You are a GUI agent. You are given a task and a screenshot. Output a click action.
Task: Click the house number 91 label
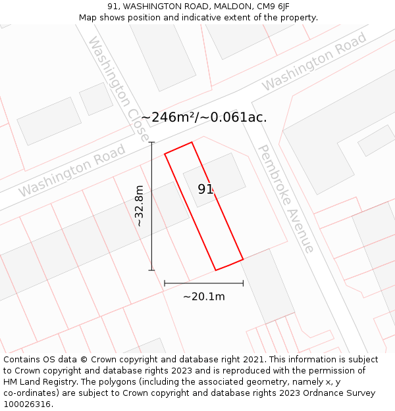tap(205, 189)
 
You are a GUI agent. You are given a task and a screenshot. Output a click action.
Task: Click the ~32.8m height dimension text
tap(140, 206)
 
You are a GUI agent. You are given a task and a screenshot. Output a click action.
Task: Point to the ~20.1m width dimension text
tap(203, 297)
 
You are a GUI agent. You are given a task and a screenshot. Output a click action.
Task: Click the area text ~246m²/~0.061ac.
tap(203, 118)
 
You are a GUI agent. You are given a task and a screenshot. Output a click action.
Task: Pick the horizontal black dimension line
tap(203, 283)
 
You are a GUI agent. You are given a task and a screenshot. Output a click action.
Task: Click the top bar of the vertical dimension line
tap(151, 142)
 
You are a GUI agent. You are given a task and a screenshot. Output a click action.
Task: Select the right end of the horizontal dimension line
tap(243, 283)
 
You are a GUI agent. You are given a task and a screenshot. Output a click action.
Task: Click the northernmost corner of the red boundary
tap(192, 142)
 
